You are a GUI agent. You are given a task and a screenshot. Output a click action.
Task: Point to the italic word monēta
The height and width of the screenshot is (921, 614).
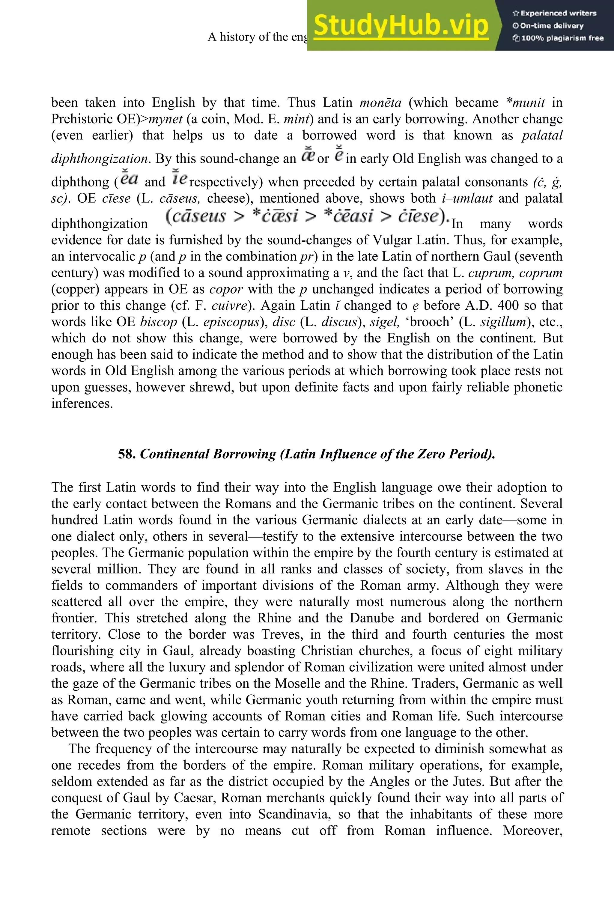(x=380, y=103)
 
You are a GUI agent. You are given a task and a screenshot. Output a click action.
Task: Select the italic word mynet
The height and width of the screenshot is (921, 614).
(x=165, y=119)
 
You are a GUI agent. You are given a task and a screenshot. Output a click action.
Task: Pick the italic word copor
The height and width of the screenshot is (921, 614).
(x=226, y=289)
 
